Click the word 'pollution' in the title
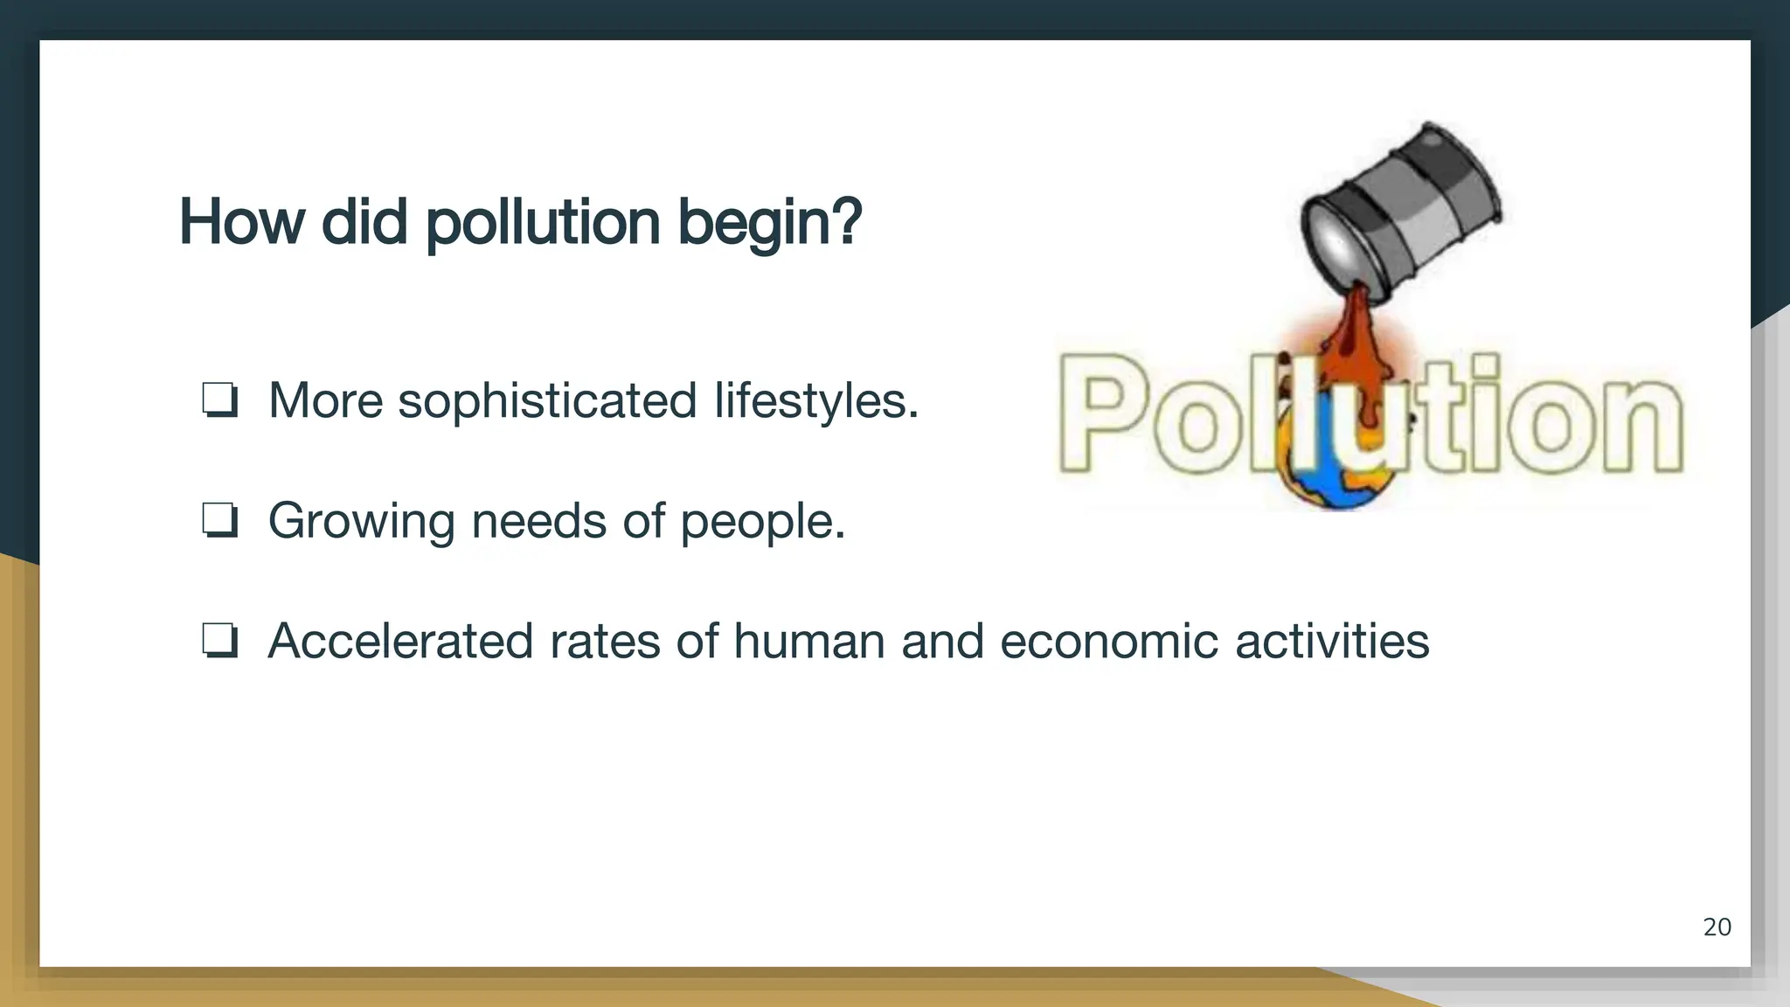[x=543, y=223]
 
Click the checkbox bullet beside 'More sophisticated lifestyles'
[x=219, y=400]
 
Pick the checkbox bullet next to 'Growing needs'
[x=219, y=521]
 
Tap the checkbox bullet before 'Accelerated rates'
[x=219, y=641]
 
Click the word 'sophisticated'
[x=547, y=402]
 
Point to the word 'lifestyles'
[x=815, y=400]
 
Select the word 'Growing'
[x=361, y=523]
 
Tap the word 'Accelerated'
[x=400, y=641]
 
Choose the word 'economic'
[x=1108, y=641]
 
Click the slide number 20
[x=1717, y=927]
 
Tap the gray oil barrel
[x=1402, y=214]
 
